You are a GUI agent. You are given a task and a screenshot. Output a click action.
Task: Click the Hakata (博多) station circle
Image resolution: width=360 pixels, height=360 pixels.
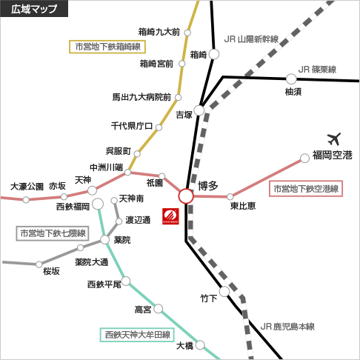tap(186, 196)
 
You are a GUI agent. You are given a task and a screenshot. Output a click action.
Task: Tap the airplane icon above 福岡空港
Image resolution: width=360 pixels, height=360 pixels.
tap(334, 139)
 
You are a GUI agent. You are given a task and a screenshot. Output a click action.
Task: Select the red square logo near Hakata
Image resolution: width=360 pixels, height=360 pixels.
tap(170, 216)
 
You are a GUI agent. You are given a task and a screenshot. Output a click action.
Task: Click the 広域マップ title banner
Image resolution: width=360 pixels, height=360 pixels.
tap(34, 9)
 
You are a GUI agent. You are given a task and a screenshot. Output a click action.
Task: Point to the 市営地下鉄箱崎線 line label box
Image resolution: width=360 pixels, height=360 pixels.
tap(107, 47)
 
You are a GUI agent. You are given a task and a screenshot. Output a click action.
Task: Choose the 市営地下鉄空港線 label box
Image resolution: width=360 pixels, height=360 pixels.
tap(306, 189)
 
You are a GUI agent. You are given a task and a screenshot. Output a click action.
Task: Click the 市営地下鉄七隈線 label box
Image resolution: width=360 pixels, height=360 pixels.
tap(53, 233)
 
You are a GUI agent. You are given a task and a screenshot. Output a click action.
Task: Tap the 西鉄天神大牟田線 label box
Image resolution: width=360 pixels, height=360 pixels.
tap(137, 335)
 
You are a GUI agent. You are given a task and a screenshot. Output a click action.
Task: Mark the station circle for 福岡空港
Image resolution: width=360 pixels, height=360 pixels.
tap(304, 159)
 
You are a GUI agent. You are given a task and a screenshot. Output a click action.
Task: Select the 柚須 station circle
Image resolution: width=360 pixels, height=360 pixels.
tap(291, 79)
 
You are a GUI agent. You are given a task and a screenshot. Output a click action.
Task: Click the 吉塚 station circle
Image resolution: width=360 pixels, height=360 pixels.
tap(199, 110)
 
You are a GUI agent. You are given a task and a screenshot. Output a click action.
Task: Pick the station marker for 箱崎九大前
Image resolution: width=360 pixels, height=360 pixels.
tap(187, 33)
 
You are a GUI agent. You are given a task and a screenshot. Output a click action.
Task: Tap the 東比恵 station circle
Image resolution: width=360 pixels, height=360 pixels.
tap(230, 197)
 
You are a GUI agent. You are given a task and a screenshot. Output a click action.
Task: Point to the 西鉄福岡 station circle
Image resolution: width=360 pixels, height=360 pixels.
tap(98, 204)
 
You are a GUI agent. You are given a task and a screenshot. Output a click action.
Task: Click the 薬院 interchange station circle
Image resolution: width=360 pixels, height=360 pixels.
tap(104, 239)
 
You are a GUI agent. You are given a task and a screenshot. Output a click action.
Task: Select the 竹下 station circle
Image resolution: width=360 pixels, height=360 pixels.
tap(224, 292)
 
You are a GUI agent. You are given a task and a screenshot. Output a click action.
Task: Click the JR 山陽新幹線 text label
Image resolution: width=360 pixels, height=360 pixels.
tap(251, 39)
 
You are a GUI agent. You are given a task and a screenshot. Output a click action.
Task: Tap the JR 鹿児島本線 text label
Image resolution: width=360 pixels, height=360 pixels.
tap(287, 327)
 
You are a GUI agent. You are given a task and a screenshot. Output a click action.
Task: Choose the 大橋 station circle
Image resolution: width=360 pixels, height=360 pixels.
tap(200, 345)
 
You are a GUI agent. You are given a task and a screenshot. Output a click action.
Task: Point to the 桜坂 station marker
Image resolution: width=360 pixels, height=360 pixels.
tap(39, 264)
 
